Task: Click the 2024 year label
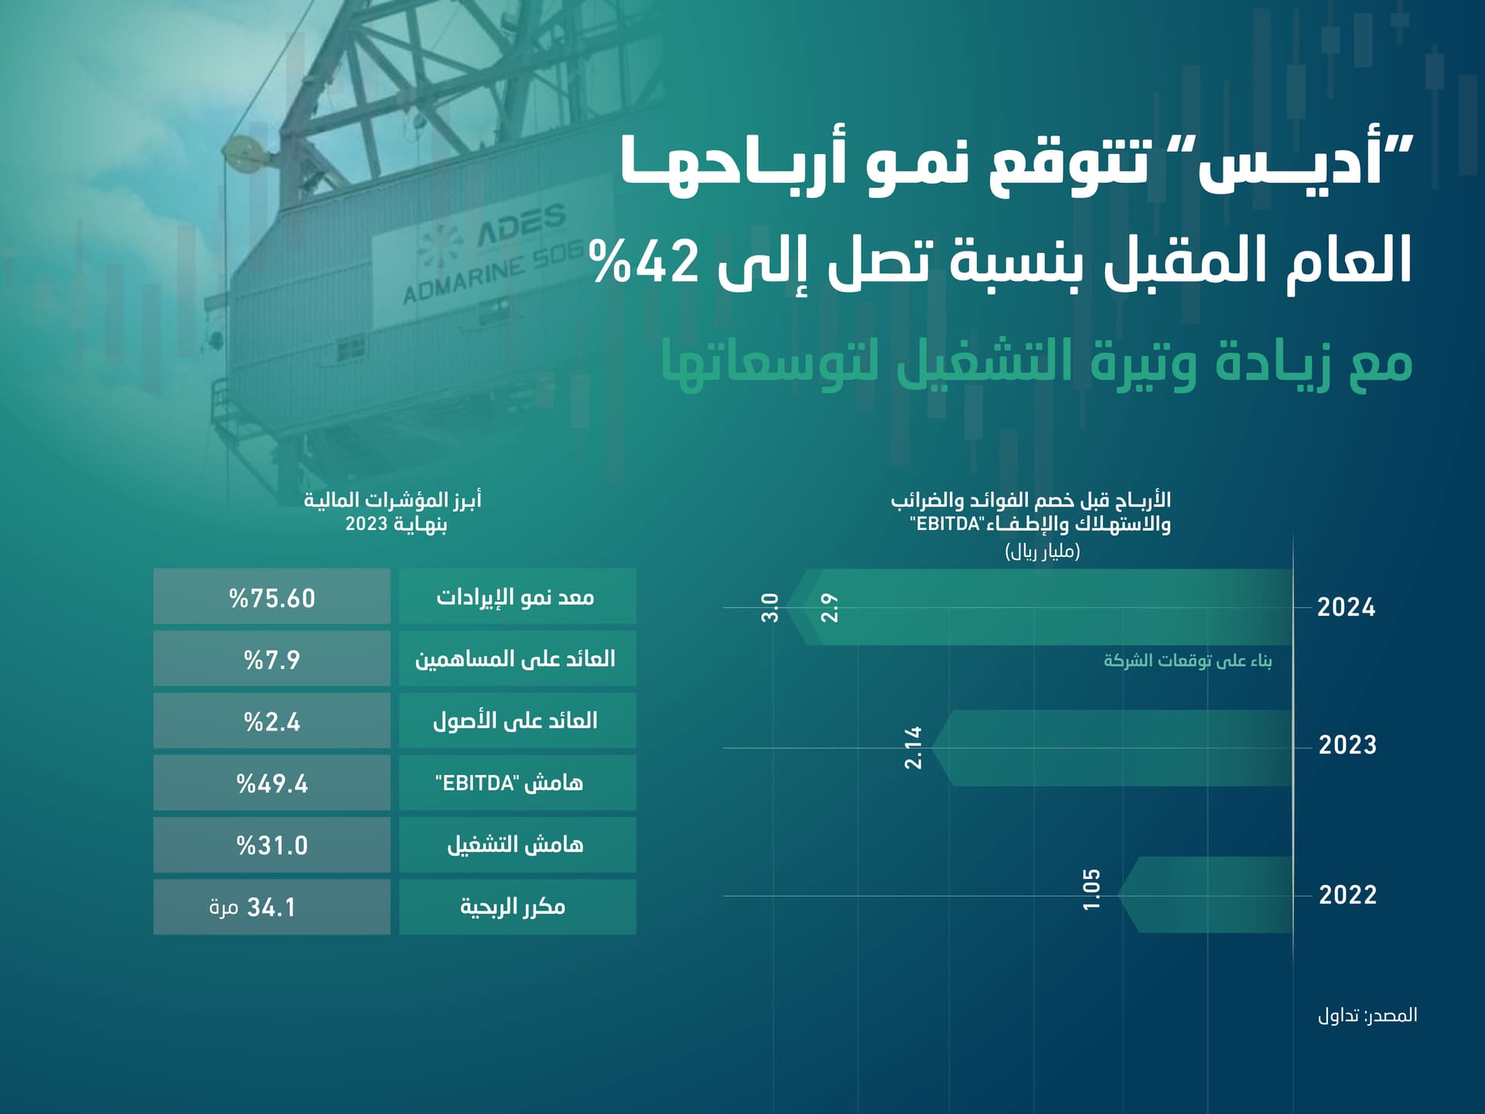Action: [x=1347, y=607]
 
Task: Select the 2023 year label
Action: [x=1347, y=745]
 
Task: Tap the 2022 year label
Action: [x=1347, y=895]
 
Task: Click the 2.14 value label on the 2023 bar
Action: [x=913, y=747]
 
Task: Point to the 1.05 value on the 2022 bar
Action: [x=1091, y=890]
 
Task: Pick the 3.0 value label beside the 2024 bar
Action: [x=770, y=608]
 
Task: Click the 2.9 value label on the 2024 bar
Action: [x=829, y=608]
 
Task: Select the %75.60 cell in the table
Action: [x=272, y=598]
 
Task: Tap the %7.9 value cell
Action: [x=272, y=660]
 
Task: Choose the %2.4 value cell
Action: [x=272, y=722]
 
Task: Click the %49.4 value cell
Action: [x=272, y=784]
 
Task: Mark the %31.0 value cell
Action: [x=272, y=846]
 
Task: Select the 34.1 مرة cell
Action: [x=254, y=907]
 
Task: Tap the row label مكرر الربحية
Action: [x=514, y=907]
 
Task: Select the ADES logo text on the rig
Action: [x=521, y=225]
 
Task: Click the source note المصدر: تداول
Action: [x=1367, y=1016]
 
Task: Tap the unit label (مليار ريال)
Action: [x=1043, y=552]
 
